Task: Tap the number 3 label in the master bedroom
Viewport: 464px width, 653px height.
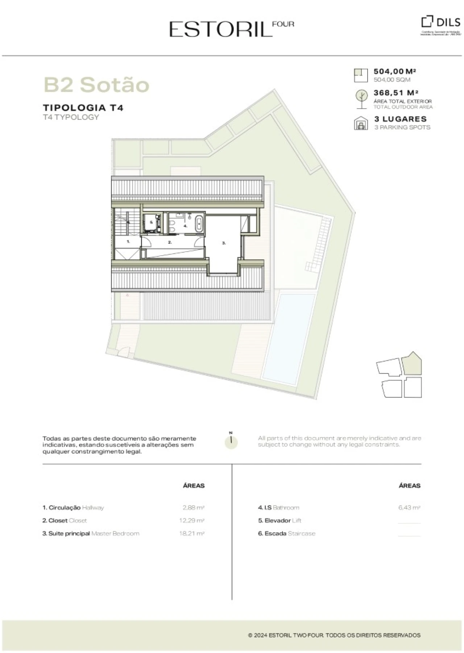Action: pos(224,243)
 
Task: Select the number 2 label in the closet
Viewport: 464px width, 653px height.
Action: pos(170,242)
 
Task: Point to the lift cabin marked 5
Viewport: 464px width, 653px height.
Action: pos(152,222)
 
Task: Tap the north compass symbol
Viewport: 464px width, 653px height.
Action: pos(231,441)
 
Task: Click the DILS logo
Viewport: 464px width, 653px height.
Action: pos(441,22)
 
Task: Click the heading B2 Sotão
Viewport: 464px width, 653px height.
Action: pos(96,85)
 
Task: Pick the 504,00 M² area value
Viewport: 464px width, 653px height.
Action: pos(394,72)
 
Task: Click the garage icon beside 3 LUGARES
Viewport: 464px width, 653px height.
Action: pos(360,123)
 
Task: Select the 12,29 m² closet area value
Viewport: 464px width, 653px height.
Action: pos(191,520)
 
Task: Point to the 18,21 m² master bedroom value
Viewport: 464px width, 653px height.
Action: pos(191,533)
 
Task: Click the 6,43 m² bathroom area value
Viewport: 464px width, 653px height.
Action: pos(409,508)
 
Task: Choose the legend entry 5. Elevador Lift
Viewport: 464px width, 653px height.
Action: pos(279,520)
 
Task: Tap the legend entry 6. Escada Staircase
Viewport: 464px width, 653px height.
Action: pos(286,533)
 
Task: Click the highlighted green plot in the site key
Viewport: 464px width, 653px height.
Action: pos(412,364)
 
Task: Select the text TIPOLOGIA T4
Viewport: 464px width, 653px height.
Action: pos(83,108)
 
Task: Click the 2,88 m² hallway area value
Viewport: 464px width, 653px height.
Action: pos(194,508)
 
